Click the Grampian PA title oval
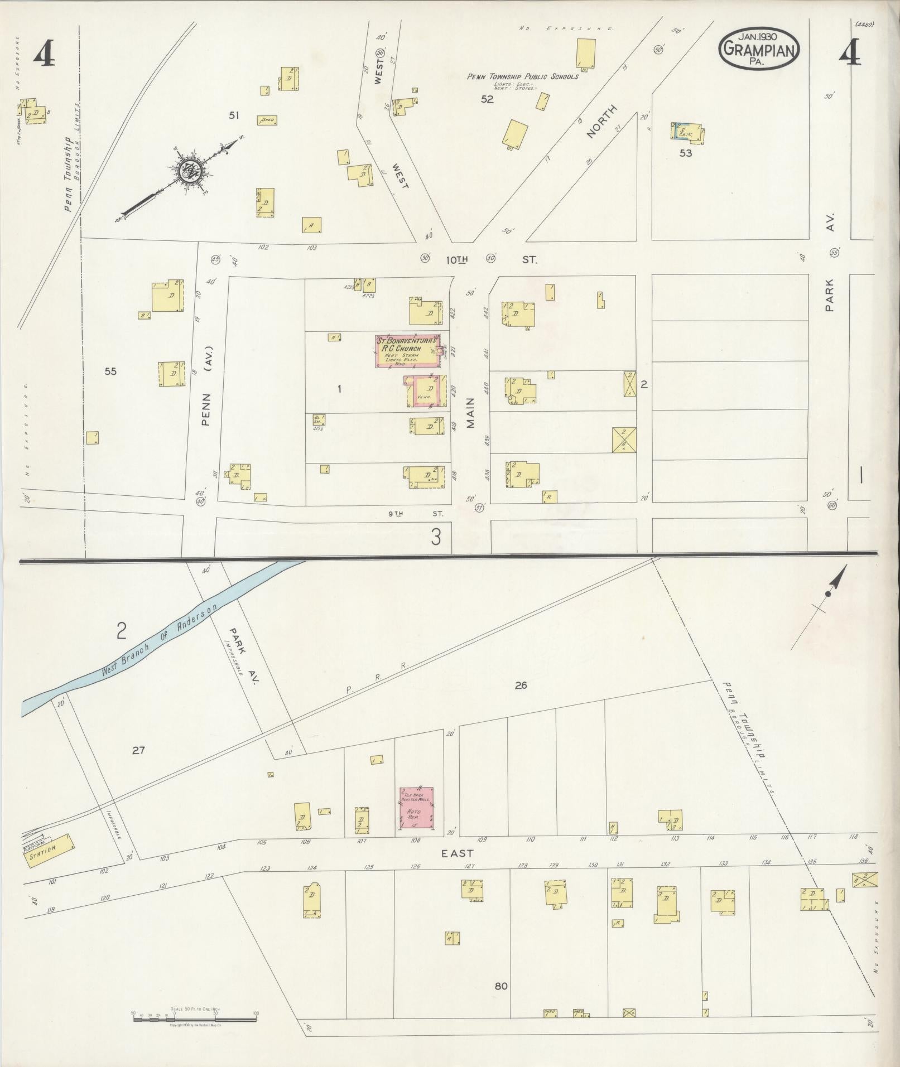tap(759, 49)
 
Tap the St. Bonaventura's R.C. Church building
tap(408, 351)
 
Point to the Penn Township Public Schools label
tap(522, 76)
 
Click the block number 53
tap(685, 153)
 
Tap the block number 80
tap(500, 986)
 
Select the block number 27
tap(138, 750)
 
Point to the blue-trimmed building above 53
tap(687, 132)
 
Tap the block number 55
tap(110, 371)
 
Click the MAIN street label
tap(470, 412)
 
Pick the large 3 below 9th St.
tap(436, 537)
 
